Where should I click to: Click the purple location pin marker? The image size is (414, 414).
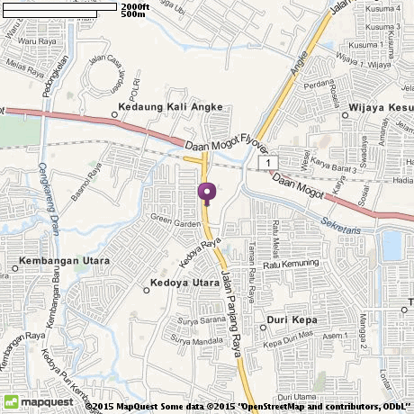207,193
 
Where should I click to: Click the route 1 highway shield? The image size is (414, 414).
267,161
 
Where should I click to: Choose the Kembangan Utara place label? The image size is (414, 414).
63,262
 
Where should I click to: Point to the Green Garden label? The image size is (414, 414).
173,219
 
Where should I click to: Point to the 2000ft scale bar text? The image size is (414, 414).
134,5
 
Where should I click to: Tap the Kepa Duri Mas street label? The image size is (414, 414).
286,341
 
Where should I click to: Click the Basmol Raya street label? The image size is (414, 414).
88,183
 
